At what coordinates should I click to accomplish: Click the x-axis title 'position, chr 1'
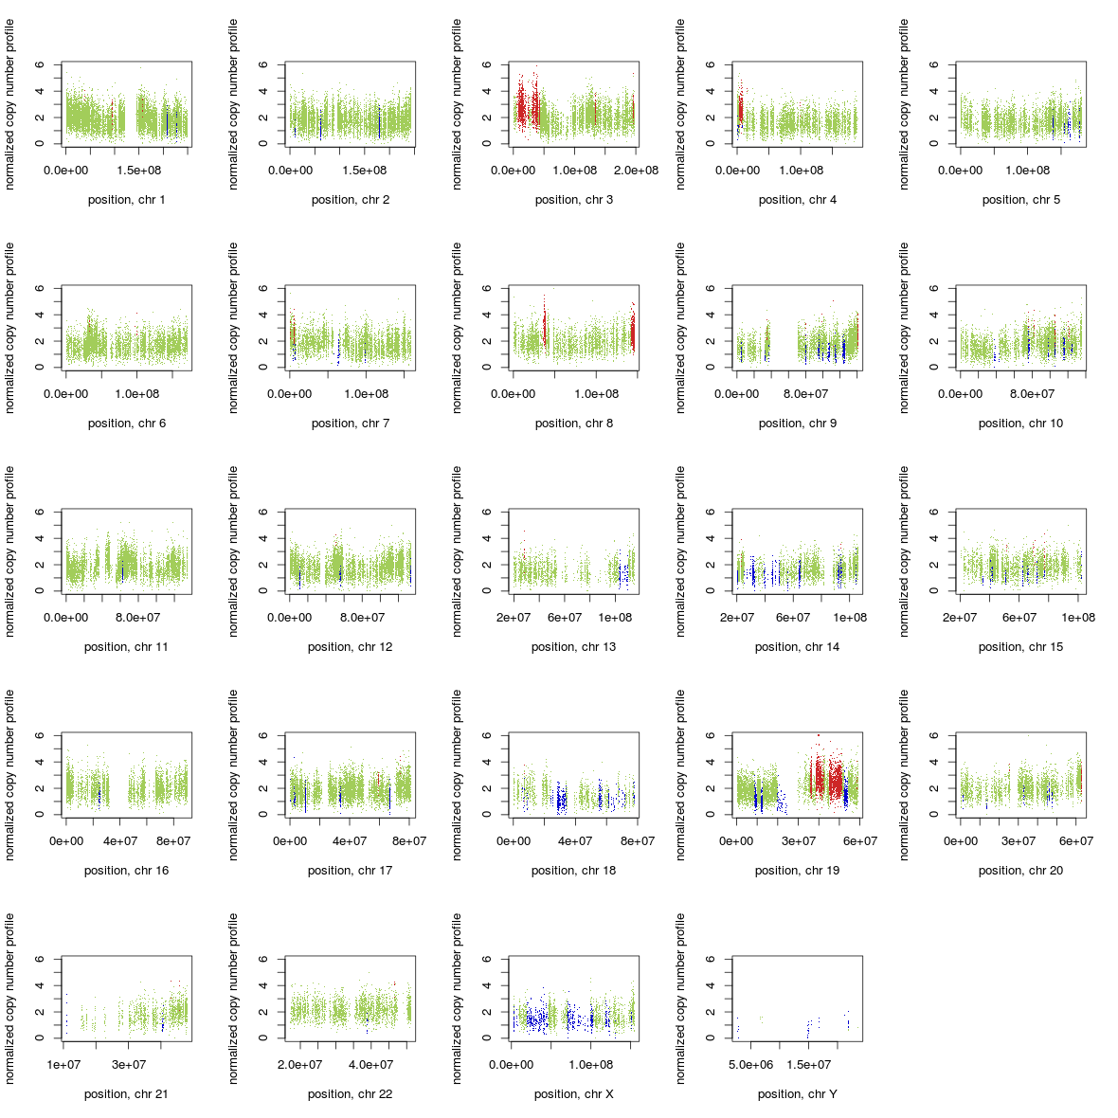tap(126, 200)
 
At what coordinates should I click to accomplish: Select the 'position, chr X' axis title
tap(573, 1094)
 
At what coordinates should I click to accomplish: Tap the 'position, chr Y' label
tap(797, 1094)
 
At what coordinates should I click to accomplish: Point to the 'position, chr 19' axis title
tap(797, 871)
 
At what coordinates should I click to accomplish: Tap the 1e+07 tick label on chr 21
tap(63, 1065)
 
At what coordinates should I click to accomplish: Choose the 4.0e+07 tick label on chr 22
tap(370, 1065)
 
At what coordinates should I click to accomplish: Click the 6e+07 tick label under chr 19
tap(859, 841)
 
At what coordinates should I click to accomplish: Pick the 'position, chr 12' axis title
tap(350, 647)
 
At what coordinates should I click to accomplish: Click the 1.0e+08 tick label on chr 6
tap(135, 394)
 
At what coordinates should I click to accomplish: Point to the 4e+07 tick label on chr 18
tap(574, 841)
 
